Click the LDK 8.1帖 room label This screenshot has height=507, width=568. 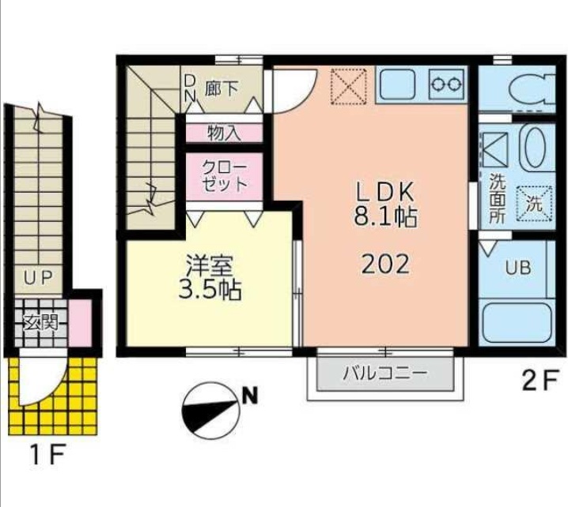tap(385, 205)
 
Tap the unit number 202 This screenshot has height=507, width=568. tap(385, 263)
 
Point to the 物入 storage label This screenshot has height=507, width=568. tap(224, 132)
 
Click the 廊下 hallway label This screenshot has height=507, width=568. tap(221, 88)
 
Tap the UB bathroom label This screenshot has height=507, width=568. tap(518, 267)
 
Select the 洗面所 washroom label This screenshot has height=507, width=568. tap(497, 197)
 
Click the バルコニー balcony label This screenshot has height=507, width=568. tap(384, 373)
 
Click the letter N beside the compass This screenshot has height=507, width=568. tap(250, 396)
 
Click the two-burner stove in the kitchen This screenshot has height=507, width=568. tap(445, 82)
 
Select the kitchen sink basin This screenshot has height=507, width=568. tap(399, 82)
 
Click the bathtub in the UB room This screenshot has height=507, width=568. tap(517, 321)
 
